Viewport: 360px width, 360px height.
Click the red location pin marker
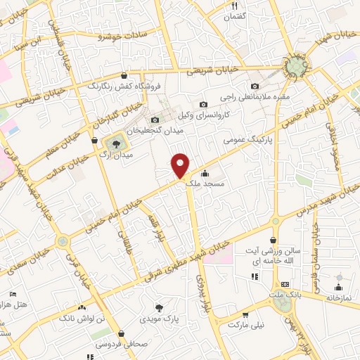tap(181, 165)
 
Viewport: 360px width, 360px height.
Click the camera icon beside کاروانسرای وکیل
tap(203, 104)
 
